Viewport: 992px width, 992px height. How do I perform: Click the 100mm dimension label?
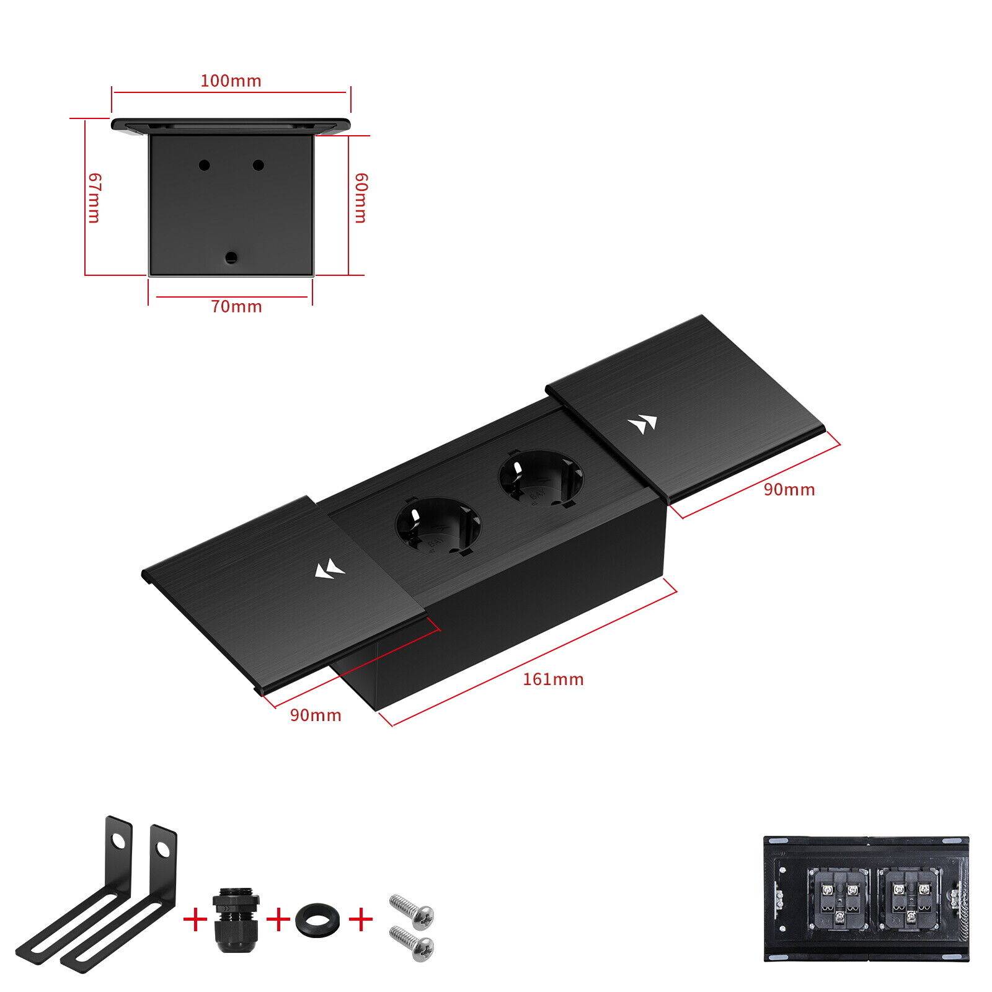[x=231, y=81]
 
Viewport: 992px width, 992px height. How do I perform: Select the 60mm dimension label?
[x=360, y=197]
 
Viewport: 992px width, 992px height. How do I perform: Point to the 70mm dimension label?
[x=237, y=306]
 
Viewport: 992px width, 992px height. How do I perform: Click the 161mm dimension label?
[x=553, y=679]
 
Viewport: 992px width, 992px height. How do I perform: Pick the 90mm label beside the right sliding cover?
[x=789, y=489]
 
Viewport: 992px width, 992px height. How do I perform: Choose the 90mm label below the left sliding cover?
[x=316, y=715]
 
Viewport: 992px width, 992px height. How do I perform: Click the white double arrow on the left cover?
[x=329, y=570]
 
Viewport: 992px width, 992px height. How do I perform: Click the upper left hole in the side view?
[x=203, y=165]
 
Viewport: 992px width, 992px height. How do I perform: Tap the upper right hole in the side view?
[x=259, y=165]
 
